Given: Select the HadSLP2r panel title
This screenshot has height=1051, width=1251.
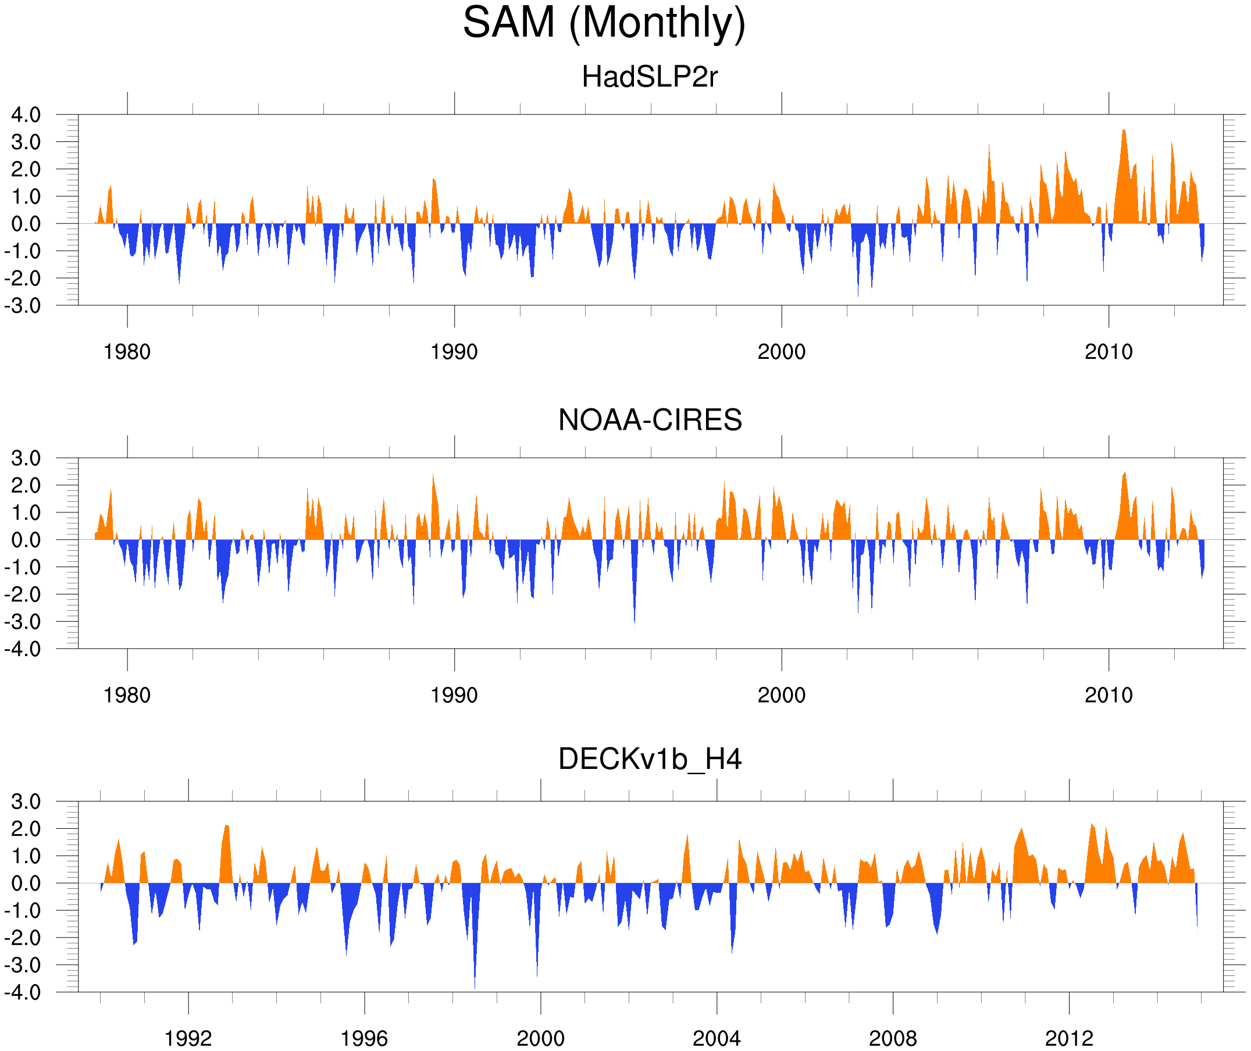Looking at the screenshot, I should [x=649, y=77].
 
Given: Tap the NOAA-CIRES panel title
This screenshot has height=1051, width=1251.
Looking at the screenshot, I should [x=650, y=420].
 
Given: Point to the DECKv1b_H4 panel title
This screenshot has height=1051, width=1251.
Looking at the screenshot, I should [x=649, y=760].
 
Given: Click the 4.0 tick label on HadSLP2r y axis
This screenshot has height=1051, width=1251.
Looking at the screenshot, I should [x=26, y=115].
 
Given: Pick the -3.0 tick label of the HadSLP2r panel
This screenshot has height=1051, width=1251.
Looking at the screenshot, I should [x=23, y=306].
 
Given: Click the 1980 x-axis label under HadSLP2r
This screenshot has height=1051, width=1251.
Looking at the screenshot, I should [x=127, y=352].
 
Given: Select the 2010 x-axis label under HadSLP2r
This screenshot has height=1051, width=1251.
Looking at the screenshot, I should [x=1108, y=352].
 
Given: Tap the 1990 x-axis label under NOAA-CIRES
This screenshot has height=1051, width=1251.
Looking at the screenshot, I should [x=454, y=695].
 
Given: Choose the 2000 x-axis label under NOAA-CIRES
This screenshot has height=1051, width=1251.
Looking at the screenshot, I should [x=781, y=695].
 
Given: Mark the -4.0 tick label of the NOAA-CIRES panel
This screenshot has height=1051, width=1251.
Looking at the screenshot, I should [x=23, y=649].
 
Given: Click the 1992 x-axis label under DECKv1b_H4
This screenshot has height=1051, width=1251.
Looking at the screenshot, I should [x=188, y=1038].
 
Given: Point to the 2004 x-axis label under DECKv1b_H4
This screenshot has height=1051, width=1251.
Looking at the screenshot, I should [x=716, y=1038].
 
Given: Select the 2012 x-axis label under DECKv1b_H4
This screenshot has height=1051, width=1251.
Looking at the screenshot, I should [x=1069, y=1038].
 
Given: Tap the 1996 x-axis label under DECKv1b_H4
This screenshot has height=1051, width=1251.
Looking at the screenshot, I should [x=364, y=1038].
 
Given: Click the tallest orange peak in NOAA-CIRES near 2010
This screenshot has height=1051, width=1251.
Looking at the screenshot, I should [x=1124, y=474].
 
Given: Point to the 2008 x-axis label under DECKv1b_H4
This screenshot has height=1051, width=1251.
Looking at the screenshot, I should [x=892, y=1038].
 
